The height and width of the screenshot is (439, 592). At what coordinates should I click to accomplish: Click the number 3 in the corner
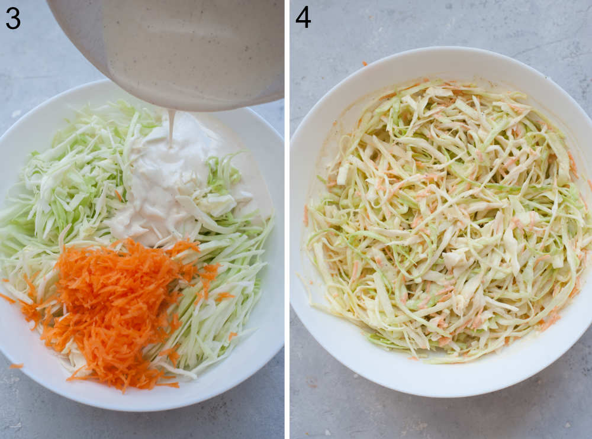(12, 18)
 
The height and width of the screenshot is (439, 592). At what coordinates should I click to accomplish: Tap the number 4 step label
(303, 18)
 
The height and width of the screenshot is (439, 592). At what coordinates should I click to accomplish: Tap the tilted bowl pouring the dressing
(178, 47)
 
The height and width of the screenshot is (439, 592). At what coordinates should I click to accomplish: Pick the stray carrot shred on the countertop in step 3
(16, 366)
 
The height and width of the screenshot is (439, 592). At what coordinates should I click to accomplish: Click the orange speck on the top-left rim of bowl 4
(365, 63)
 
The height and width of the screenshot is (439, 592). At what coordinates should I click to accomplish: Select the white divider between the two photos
(287, 220)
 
